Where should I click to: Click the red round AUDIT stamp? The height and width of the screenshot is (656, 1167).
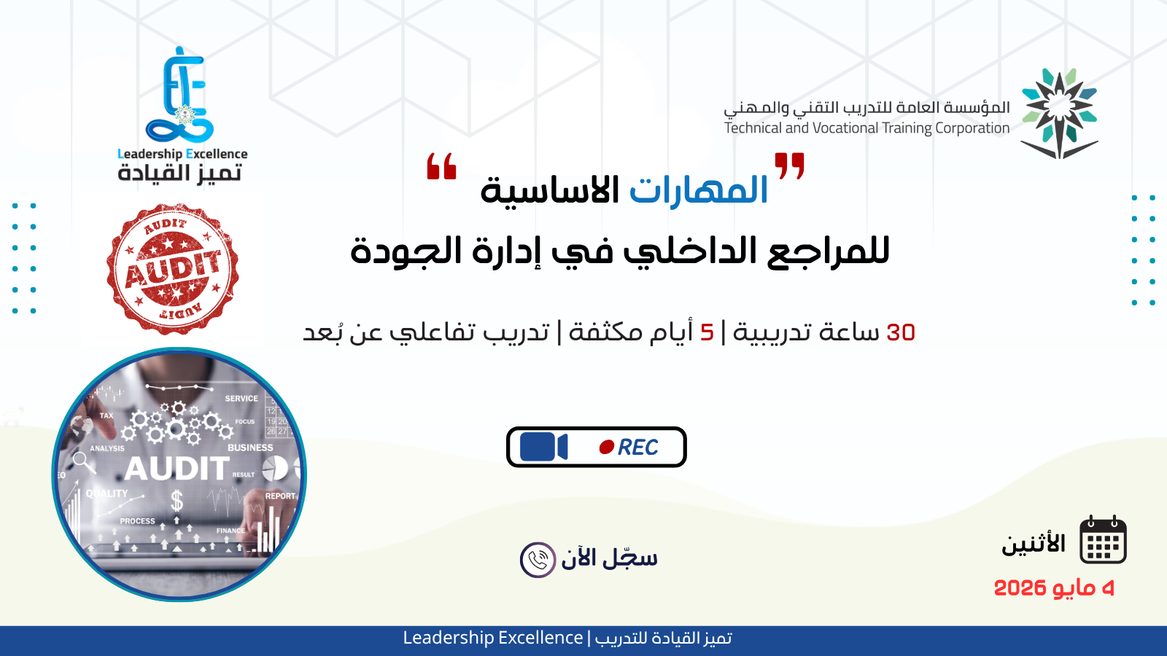(x=173, y=269)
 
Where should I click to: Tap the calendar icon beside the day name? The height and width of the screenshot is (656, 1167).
(x=1103, y=541)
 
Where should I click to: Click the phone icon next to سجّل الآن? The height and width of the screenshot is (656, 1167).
(x=538, y=560)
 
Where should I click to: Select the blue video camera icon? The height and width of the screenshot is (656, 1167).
(x=543, y=447)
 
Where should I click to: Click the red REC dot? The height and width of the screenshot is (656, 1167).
(x=606, y=447)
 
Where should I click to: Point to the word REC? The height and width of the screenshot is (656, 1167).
(x=638, y=447)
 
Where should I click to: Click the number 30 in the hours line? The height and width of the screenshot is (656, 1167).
(x=901, y=332)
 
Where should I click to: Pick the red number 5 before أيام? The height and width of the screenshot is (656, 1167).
(x=707, y=332)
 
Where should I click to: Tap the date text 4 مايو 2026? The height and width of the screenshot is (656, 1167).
(x=1054, y=587)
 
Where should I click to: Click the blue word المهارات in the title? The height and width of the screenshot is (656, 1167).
(x=698, y=190)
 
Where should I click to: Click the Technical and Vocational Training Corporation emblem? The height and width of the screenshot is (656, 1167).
(x=1059, y=113)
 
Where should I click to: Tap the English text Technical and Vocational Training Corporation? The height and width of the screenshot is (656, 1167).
(x=866, y=128)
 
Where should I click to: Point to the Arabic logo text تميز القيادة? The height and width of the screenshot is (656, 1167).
(x=179, y=173)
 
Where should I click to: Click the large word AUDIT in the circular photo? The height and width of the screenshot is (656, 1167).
(x=177, y=469)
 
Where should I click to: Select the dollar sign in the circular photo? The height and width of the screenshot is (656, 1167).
(x=177, y=501)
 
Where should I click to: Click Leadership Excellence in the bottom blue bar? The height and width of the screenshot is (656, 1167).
(x=493, y=638)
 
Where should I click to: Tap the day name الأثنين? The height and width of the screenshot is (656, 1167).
(x=1034, y=544)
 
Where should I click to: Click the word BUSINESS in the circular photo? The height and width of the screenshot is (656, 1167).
(x=250, y=448)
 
